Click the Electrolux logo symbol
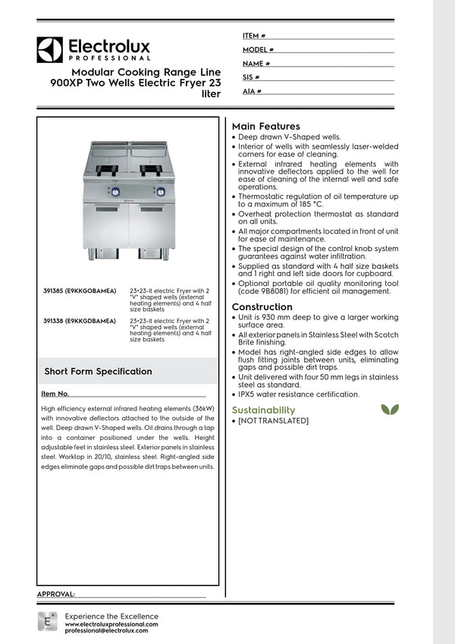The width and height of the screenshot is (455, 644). click(49, 49)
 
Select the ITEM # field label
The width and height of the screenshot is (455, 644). click(254, 36)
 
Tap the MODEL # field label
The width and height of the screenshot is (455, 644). click(258, 49)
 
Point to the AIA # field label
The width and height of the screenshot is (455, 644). click(253, 91)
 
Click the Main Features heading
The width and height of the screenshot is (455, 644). click(265, 126)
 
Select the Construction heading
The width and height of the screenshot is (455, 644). click(262, 306)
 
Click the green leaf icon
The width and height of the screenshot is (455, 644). click(390, 410)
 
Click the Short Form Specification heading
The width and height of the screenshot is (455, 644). click(98, 372)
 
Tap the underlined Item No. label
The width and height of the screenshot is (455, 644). click(55, 394)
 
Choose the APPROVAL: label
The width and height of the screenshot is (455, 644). click(55, 594)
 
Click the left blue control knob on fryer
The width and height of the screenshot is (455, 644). click(115, 192)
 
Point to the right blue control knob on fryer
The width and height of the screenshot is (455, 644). click(161, 192)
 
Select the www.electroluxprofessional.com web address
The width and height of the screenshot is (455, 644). click(111, 624)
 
